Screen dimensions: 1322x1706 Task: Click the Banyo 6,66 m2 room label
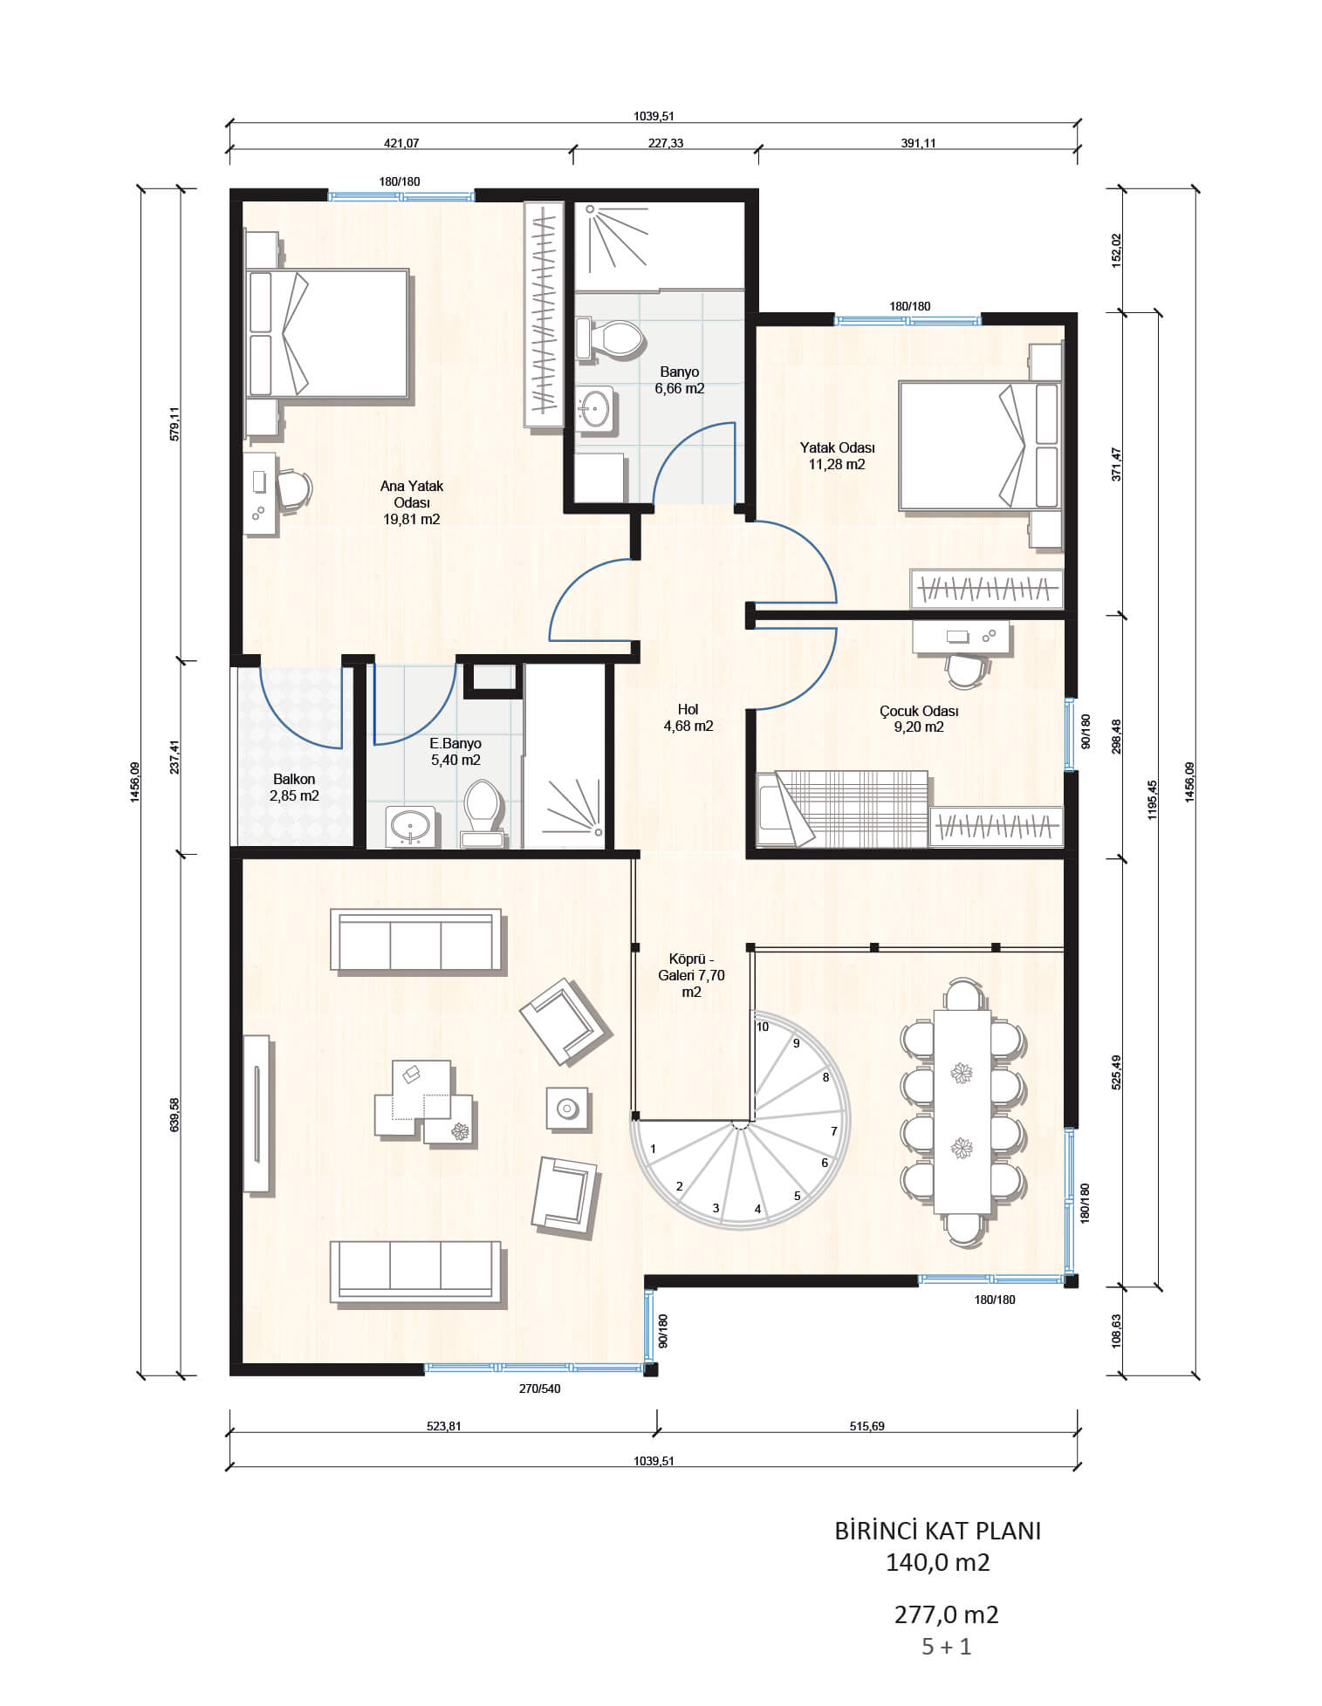680,380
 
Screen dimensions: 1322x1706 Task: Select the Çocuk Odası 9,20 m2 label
919,719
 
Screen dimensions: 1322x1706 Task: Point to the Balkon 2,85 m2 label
294,788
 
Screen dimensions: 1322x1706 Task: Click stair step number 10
763,1027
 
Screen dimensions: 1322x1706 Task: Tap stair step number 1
653,1150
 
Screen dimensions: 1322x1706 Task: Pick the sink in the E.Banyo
410,825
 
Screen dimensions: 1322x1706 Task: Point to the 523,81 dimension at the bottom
443,1426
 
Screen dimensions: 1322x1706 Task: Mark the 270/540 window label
539,1389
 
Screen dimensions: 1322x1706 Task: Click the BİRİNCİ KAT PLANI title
938,1532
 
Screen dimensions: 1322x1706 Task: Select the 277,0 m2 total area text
946,1614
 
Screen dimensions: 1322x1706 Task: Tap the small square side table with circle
567,1109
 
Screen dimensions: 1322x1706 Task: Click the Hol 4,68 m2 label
688,718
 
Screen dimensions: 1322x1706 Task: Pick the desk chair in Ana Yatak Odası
294,488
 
